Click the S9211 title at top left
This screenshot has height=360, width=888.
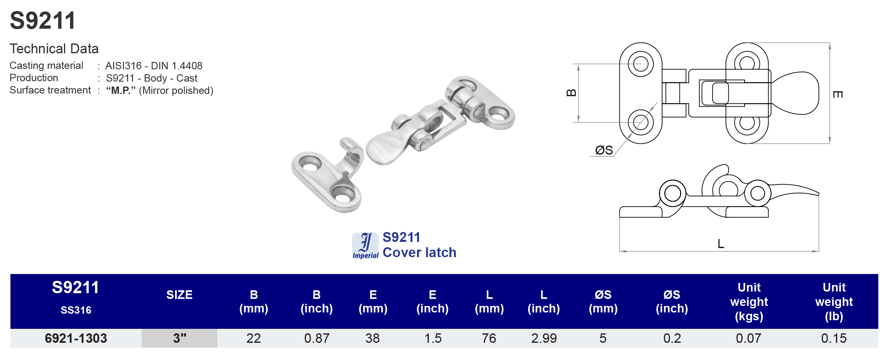pos(43,21)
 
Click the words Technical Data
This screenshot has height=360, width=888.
pos(54,49)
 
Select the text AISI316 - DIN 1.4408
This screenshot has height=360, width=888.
pos(154,66)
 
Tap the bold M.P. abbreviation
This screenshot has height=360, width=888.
pos(121,91)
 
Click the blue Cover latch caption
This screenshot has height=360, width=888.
pos(419,253)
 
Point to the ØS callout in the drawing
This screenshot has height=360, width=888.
pos(603,150)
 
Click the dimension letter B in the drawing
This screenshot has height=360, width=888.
pos(571,93)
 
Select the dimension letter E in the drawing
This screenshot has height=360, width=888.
pos(838,95)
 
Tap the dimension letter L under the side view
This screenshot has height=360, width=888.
pos(720,244)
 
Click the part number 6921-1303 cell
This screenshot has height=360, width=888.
pos(76,338)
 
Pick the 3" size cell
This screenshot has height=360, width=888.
pos(179,338)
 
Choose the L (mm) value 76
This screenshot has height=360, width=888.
pos(489,338)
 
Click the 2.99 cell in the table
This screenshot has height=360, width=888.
pos(544,338)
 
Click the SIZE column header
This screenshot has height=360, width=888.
pos(179,295)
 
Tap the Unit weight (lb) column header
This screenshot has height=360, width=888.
pos(833,302)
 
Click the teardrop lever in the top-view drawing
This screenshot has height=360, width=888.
pos(795,93)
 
